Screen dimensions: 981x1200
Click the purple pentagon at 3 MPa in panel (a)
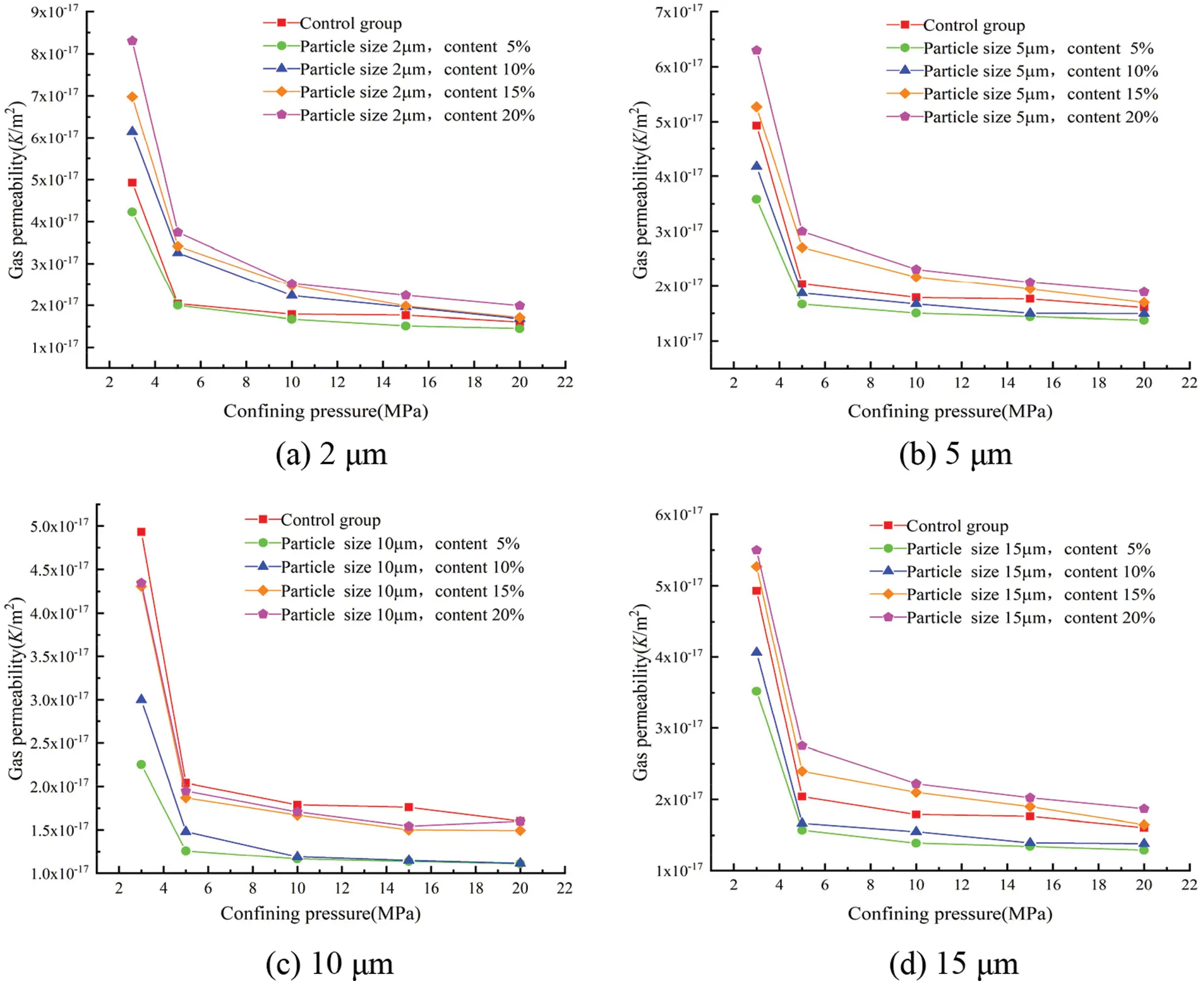[x=132, y=41]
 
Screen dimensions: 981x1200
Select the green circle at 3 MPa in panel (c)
[x=141, y=764]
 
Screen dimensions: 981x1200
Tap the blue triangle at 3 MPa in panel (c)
[x=141, y=699]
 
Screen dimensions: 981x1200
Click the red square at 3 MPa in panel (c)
[x=141, y=532]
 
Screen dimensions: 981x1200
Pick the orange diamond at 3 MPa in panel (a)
[x=132, y=97]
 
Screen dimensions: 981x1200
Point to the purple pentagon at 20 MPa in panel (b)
[x=1144, y=292]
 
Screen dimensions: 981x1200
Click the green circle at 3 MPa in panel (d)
[x=756, y=691]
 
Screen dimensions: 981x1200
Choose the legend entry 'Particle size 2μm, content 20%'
[x=417, y=116]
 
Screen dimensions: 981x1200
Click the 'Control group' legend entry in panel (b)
[x=973, y=25]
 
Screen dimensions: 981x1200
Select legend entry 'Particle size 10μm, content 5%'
[x=400, y=544]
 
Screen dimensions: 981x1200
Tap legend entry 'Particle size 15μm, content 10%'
[x=1030, y=572]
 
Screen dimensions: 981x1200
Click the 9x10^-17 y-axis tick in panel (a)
[x=55, y=11]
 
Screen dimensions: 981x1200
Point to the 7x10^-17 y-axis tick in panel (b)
[x=678, y=11]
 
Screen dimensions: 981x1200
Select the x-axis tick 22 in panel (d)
[x=1189, y=885]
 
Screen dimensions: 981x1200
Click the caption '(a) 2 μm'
[x=331, y=455]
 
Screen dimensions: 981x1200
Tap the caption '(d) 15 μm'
[x=953, y=963]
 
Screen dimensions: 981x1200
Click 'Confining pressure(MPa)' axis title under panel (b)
[x=949, y=412]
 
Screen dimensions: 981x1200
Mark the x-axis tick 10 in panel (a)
[x=291, y=383]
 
